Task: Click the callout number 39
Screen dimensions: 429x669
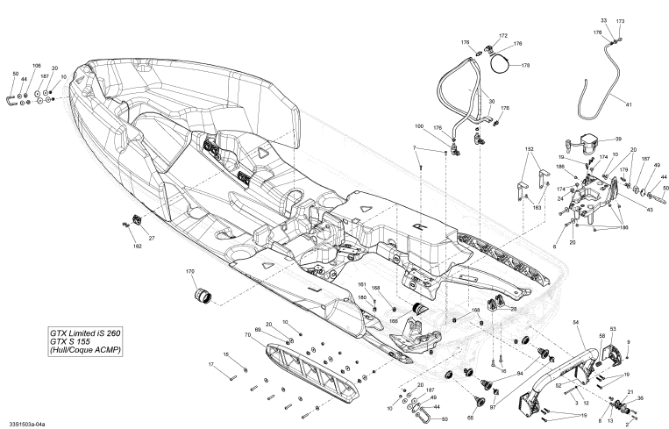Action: (617, 139)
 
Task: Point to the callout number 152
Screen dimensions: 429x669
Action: (529, 150)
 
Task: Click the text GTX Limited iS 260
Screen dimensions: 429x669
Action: (84, 332)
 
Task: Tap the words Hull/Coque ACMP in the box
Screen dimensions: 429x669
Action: (85, 351)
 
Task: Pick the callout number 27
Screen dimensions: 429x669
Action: (151, 238)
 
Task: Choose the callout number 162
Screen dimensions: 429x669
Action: (137, 247)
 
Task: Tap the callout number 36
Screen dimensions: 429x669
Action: (639, 399)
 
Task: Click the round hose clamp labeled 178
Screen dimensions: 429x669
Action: (503, 61)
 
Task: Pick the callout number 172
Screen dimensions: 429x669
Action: (503, 36)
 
